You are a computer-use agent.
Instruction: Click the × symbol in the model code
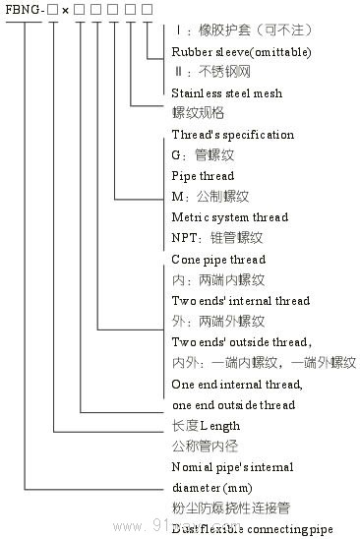(64, 10)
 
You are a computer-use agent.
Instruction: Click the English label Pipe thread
(203, 176)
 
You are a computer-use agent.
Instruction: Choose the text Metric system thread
(229, 217)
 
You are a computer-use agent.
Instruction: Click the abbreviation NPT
(184, 238)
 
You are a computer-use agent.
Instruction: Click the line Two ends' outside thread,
(242, 341)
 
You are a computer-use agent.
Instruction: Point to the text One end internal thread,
(233, 385)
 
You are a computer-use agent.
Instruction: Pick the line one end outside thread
(233, 404)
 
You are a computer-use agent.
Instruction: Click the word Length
(220, 426)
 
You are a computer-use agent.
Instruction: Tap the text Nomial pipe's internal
(232, 467)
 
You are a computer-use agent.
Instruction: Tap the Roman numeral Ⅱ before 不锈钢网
(177, 73)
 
